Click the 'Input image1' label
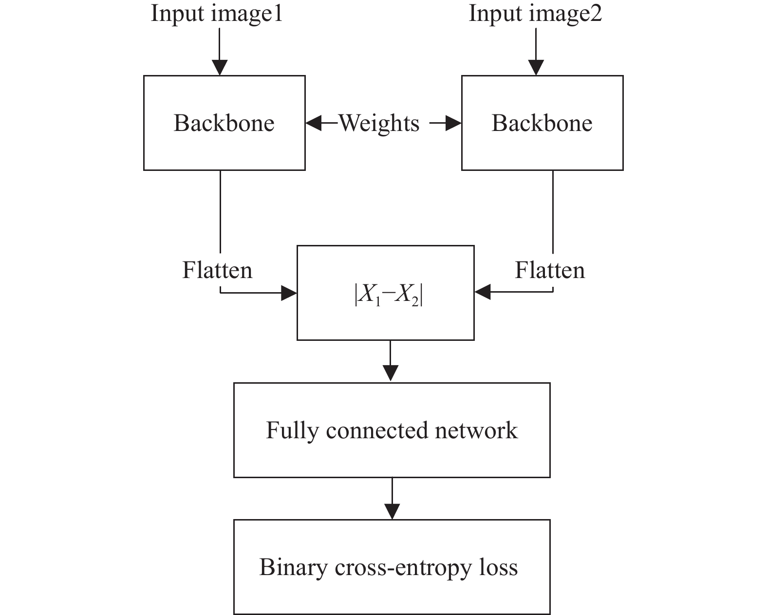click(x=217, y=14)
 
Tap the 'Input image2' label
click(x=535, y=14)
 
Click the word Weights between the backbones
click(x=379, y=123)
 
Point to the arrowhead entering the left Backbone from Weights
click(x=314, y=123)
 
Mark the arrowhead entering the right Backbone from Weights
click(x=453, y=123)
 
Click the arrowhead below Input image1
click(x=220, y=67)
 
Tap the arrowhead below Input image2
click(x=536, y=67)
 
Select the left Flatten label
click(x=217, y=270)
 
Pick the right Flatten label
click(x=550, y=270)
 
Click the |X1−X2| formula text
click(x=389, y=296)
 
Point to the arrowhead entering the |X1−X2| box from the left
click(x=289, y=293)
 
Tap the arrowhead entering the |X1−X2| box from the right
click(x=482, y=292)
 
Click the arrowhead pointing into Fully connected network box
click(x=390, y=373)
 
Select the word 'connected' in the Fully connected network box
click(x=377, y=430)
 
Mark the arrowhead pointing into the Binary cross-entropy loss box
click(x=392, y=512)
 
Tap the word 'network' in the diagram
click(x=476, y=430)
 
